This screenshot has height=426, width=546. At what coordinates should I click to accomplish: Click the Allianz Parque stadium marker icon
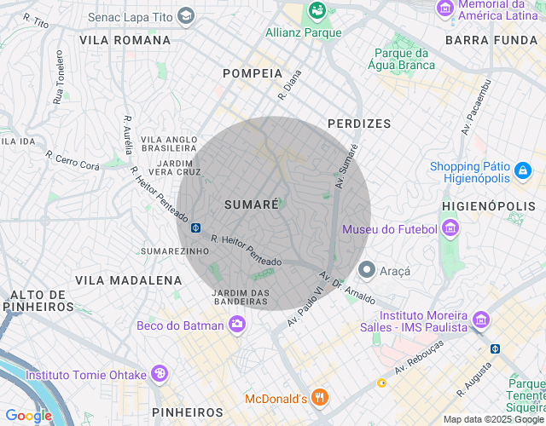pyautogui.click(x=317, y=11)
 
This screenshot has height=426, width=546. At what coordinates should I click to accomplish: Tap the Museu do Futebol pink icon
pyautogui.click(x=450, y=228)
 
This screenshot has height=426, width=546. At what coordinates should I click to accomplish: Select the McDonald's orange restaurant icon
pyautogui.click(x=320, y=397)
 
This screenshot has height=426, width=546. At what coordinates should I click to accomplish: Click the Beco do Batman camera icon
pyautogui.click(x=237, y=324)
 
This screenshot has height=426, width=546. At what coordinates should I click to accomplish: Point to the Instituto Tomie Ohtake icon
pyautogui.click(x=158, y=374)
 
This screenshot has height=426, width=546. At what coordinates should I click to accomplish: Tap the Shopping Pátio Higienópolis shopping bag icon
pyautogui.click(x=522, y=172)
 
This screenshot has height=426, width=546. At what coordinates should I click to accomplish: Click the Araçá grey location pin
pyautogui.click(x=367, y=270)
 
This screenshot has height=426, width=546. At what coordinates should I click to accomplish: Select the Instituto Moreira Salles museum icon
pyautogui.click(x=481, y=320)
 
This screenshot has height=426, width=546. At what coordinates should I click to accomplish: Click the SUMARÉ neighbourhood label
pyautogui.click(x=252, y=204)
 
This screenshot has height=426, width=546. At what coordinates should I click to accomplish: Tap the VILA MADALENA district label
pyautogui.click(x=128, y=279)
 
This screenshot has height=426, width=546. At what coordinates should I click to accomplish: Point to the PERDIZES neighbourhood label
pyautogui.click(x=359, y=124)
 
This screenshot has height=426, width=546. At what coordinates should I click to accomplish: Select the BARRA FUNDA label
pyautogui.click(x=490, y=40)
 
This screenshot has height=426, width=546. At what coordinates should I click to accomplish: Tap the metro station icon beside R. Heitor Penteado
pyautogui.click(x=195, y=228)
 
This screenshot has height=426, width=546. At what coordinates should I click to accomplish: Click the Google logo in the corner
pyautogui.click(x=27, y=415)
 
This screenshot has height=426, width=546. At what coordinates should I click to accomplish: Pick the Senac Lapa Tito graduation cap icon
pyautogui.click(x=187, y=15)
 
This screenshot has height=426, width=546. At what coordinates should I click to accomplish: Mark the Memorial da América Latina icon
pyautogui.click(x=444, y=9)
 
